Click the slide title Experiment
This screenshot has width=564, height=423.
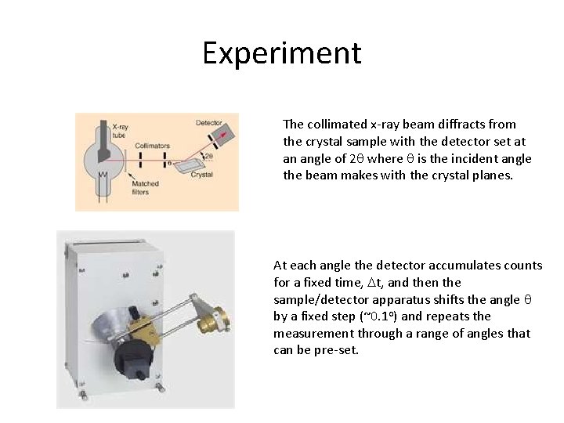tap(282, 53)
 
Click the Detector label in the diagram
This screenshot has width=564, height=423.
tap(208, 123)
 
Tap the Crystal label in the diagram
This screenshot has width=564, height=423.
tap(201, 175)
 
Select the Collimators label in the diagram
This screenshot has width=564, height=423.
tap(152, 146)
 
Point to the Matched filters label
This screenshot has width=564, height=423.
tap(145, 188)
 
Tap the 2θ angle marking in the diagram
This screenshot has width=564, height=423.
tap(208, 157)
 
